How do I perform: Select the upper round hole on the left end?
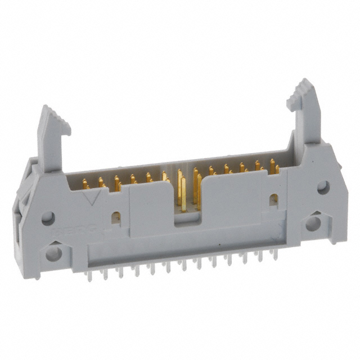pos(48,218)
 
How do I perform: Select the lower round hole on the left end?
pos(53,253)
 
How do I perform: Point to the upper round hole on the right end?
pos(323,187)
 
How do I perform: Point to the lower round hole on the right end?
pos(313,223)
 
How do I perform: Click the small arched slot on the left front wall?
pos(116,218)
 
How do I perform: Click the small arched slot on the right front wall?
pos(274,199)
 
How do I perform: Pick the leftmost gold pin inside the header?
pos(85,183)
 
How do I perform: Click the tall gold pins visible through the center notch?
pos(183,191)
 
